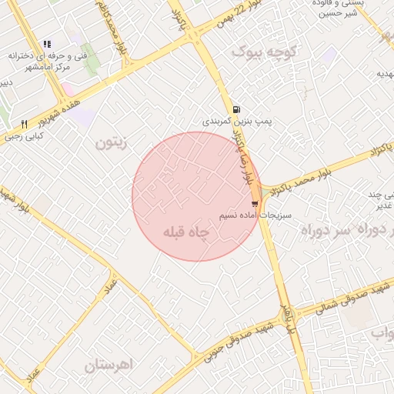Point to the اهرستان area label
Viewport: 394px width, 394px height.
[109, 364]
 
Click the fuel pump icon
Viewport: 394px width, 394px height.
[235, 109]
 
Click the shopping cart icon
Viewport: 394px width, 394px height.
[255, 204]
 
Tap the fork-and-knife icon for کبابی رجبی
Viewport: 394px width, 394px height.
[25, 124]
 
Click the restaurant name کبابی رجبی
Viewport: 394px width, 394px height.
[25, 136]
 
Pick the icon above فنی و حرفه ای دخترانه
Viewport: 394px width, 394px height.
[48, 44]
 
